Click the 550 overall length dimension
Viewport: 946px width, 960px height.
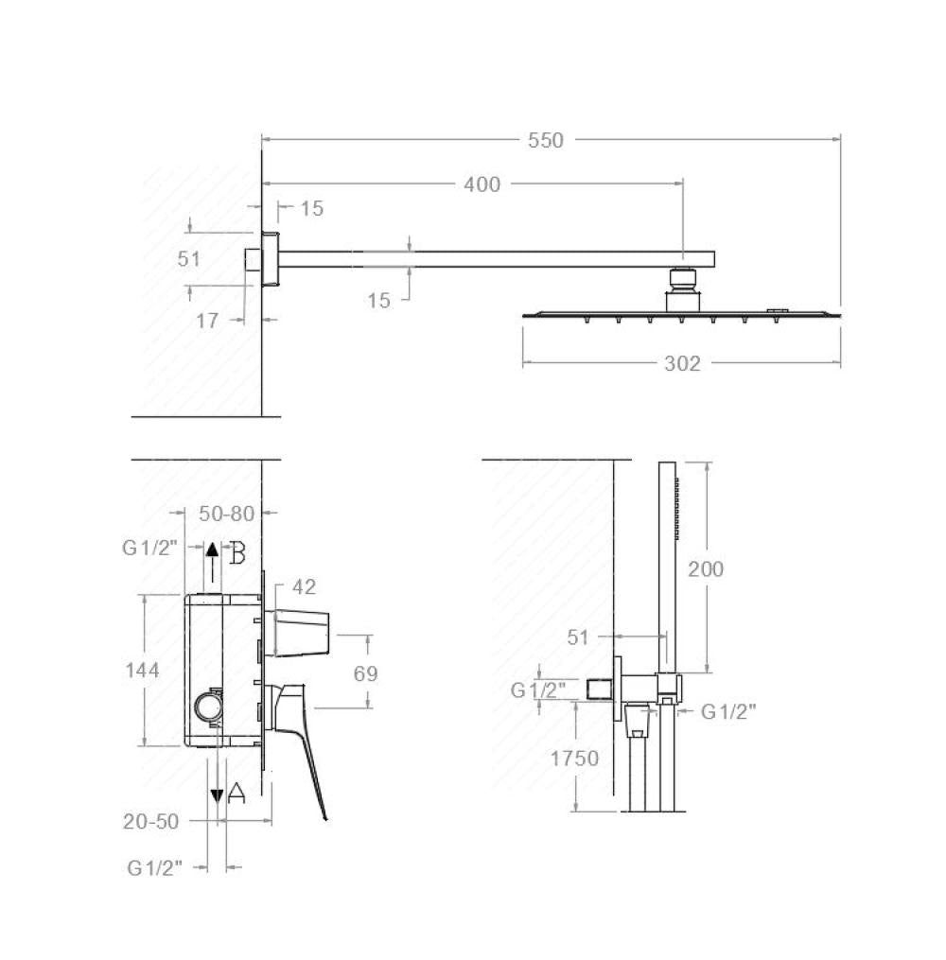(546, 141)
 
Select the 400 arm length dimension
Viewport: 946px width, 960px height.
(482, 184)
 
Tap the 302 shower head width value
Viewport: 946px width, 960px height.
(682, 363)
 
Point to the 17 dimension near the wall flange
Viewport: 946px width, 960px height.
(207, 321)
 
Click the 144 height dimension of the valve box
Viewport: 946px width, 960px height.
(142, 670)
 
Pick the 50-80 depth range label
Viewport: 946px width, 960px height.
(227, 514)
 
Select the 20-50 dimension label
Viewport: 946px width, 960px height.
(150, 821)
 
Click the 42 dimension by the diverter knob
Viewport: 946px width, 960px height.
(304, 587)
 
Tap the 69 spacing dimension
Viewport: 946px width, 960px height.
(365, 673)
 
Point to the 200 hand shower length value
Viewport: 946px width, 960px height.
(706, 568)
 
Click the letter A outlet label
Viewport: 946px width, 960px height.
(236, 794)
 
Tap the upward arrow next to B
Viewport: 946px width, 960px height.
(213, 558)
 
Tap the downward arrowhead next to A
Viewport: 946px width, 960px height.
(218, 795)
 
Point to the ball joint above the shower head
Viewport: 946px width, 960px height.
(681, 278)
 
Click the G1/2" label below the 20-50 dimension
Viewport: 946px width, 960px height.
(154, 866)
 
